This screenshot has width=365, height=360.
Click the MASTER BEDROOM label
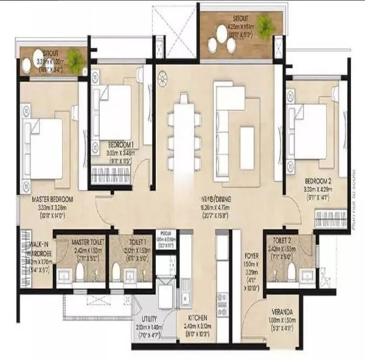53,199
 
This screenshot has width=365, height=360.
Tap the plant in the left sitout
75,58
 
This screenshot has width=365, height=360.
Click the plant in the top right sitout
265,24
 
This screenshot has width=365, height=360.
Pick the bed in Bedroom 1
115,113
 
